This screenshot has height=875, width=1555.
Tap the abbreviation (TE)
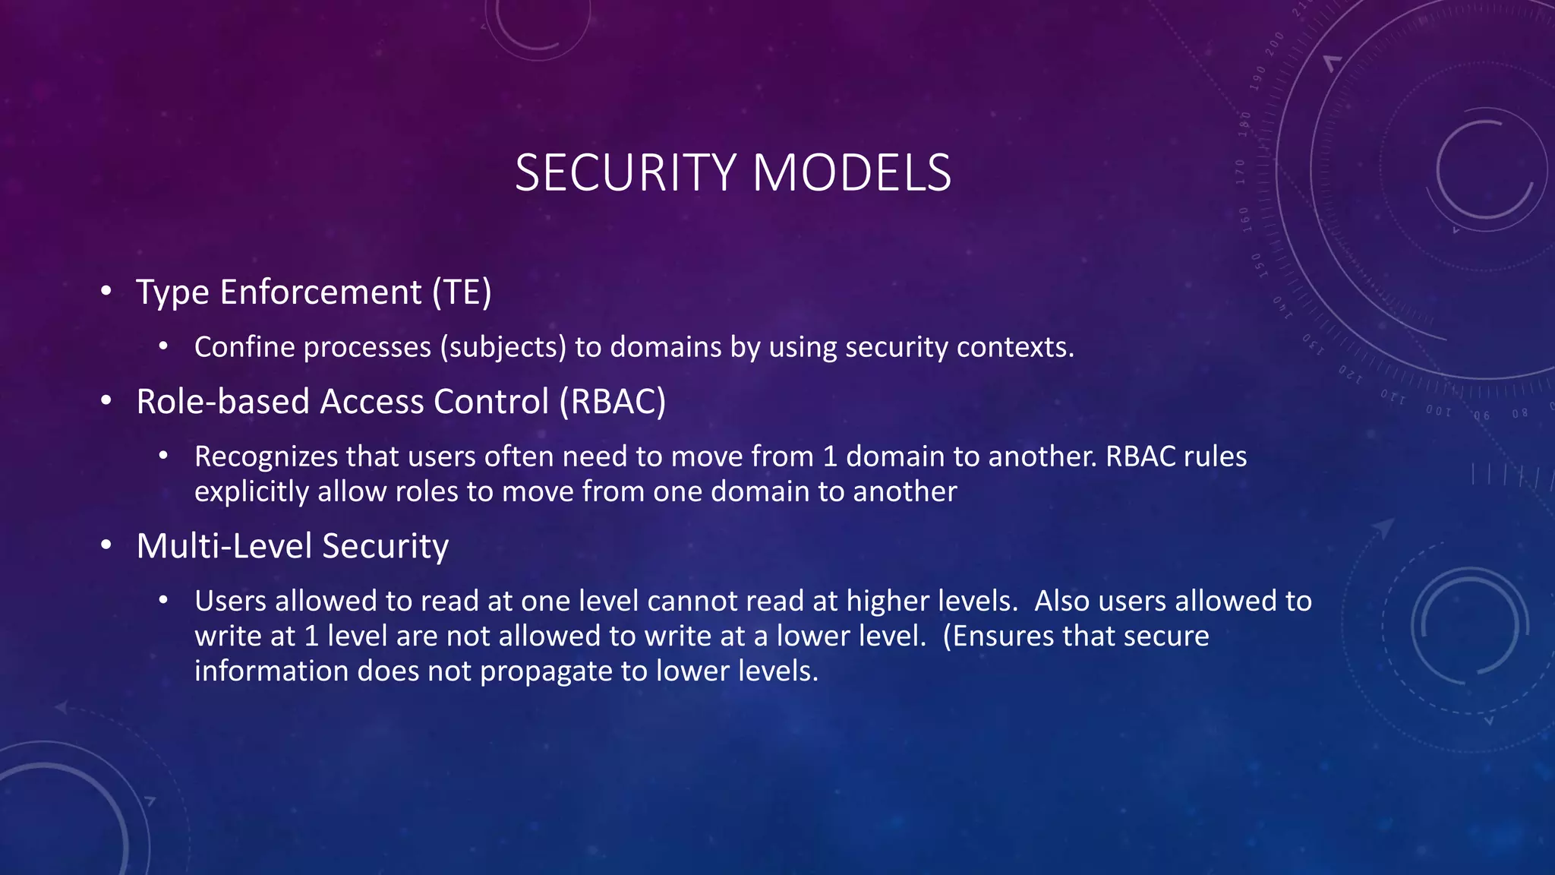462,292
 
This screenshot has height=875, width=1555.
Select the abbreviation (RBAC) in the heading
613,402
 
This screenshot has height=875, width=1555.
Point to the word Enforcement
320,292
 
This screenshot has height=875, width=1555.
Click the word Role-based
222,402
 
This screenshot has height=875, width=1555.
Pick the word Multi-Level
224,546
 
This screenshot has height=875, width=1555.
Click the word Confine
244,347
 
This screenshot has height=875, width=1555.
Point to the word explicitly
251,492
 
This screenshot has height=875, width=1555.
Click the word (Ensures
998,637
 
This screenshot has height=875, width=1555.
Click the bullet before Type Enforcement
106,291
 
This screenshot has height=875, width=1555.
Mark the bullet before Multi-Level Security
106,545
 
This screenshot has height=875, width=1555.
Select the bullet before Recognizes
163,456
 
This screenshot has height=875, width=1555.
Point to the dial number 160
1245,219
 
